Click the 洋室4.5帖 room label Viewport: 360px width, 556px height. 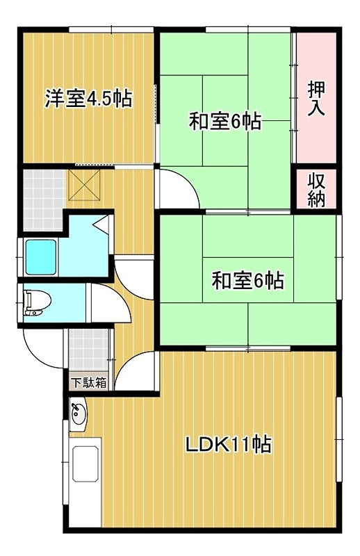pyautogui.click(x=89, y=99)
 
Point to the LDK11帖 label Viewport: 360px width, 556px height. pyautogui.click(x=227, y=443)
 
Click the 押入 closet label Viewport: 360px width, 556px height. pyautogui.click(x=318, y=98)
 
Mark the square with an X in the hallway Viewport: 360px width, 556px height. pyautogui.click(x=83, y=186)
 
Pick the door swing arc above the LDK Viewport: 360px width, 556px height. pyautogui.click(x=136, y=372)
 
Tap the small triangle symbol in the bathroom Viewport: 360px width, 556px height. pyautogui.click(x=100, y=224)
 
